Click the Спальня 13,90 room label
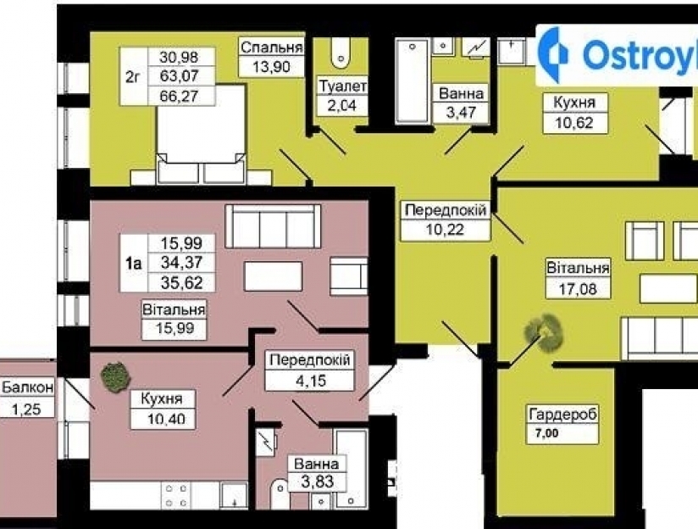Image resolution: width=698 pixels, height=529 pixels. click(x=272, y=57)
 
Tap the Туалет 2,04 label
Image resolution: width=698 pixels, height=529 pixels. click(x=342, y=96)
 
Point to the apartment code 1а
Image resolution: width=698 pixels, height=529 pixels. click(x=134, y=264)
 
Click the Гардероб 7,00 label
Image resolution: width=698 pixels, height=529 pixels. click(x=562, y=424)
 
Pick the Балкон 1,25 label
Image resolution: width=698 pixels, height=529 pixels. click(x=28, y=398)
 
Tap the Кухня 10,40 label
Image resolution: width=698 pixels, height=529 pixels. click(x=163, y=409)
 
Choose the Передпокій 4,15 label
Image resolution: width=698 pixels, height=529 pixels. click(x=310, y=370)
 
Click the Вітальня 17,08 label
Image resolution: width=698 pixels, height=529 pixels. click(x=578, y=278)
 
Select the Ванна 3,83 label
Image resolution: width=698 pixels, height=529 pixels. click(x=317, y=473)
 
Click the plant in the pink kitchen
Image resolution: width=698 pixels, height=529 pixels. click(x=115, y=377)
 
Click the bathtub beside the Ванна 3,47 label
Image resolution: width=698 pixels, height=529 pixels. click(x=413, y=81)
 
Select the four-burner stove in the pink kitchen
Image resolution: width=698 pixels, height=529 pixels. click(x=176, y=495)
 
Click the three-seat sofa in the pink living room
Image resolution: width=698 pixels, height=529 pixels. click(x=273, y=226)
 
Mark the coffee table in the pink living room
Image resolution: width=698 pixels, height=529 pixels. click(x=273, y=276)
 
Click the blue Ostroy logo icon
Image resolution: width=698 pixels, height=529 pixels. click(x=552, y=54)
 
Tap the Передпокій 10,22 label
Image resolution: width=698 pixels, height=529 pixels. click(x=446, y=220)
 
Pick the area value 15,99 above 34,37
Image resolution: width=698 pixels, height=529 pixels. click(x=181, y=243)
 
